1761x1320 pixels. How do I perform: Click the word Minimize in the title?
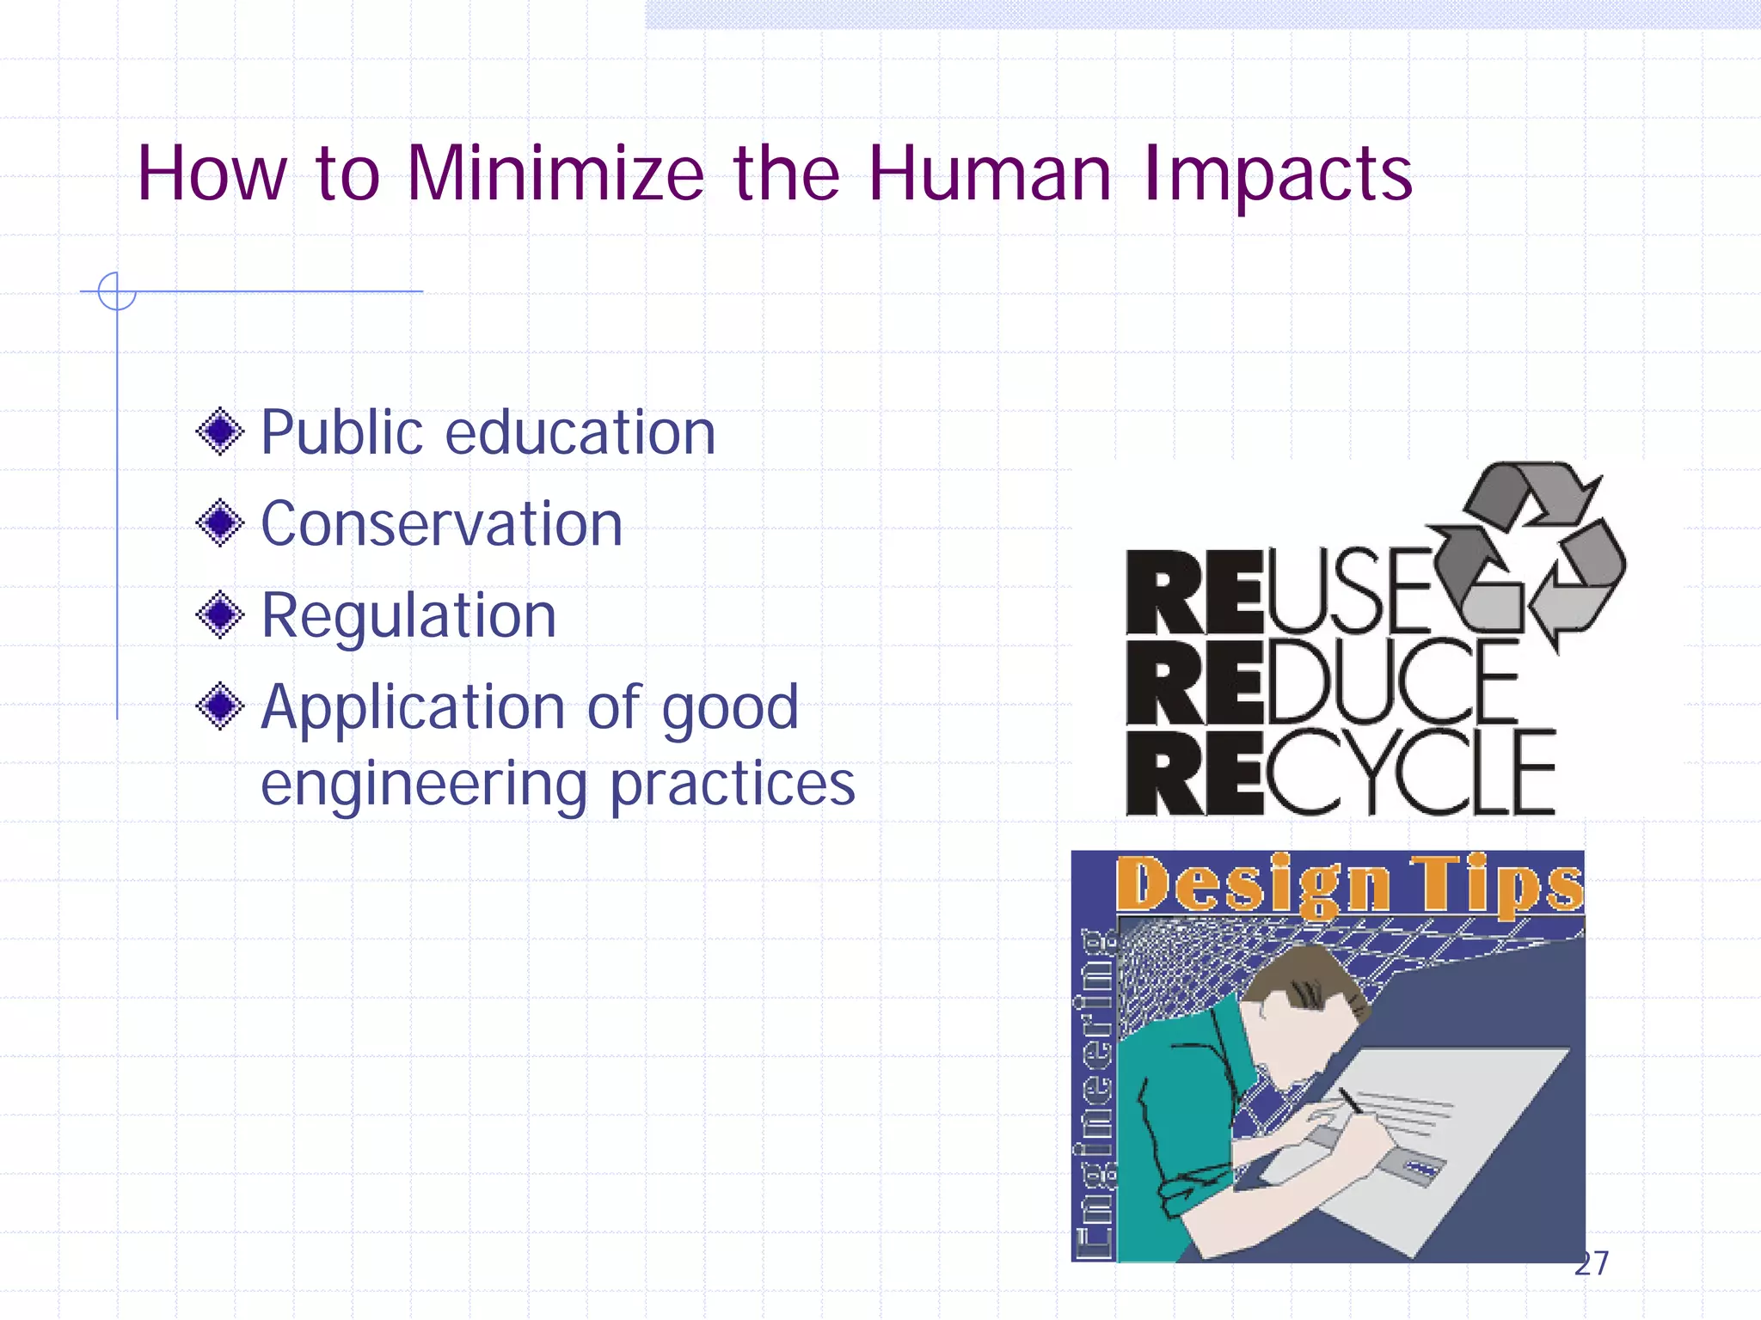[x=555, y=174]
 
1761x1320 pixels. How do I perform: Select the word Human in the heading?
[x=989, y=174]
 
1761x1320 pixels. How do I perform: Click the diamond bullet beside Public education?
[x=220, y=431]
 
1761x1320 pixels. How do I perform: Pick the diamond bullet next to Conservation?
[x=220, y=522]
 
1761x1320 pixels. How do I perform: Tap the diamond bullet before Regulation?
[x=220, y=614]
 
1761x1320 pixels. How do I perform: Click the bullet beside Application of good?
[x=220, y=706]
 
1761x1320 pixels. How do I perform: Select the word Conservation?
[x=441, y=523]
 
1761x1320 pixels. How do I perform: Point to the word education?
[x=580, y=431]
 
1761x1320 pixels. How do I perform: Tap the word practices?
[x=732, y=785]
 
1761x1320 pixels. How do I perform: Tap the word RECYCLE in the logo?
[x=1340, y=772]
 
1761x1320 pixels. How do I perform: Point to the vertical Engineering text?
[x=1095, y=1096]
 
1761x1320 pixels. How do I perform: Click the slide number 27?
[x=1591, y=1263]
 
